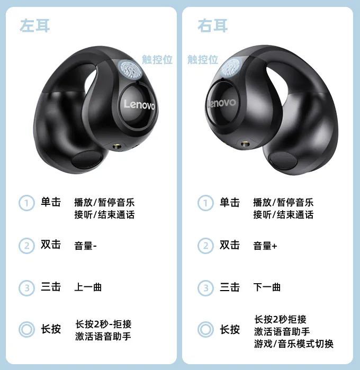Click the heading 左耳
[35, 25]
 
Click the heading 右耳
[213, 25]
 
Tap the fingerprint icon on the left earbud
[130, 69]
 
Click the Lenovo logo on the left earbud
[139, 105]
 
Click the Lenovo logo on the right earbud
[221, 103]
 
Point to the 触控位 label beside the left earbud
[157, 59]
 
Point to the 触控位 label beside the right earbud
[203, 59]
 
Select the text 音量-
[85, 246]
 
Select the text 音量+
[265, 246]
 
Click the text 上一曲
[88, 287]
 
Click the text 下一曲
[267, 287]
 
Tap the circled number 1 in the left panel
[26, 203]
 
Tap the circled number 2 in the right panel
[205, 246]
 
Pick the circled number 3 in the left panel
[26, 288]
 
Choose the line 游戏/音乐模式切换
[294, 344]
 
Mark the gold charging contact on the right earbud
[246, 143]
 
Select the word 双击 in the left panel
[51, 244]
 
